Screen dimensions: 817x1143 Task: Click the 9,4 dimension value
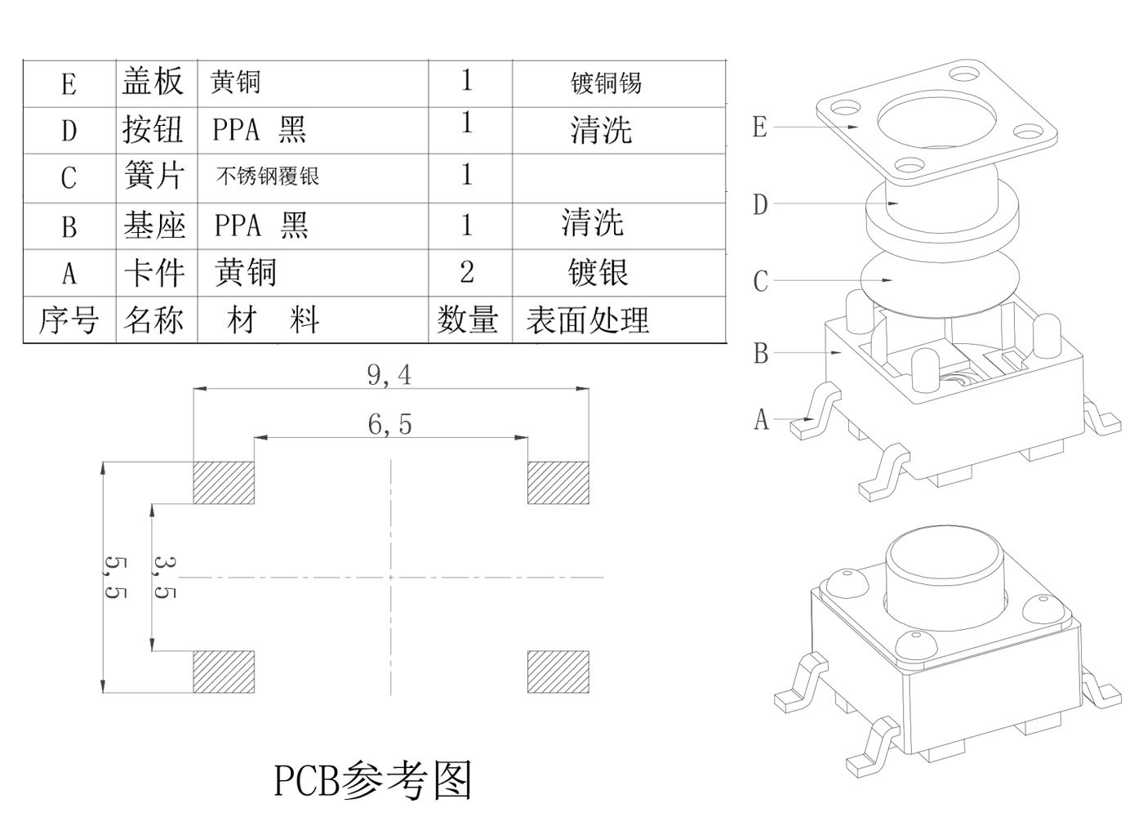tap(389, 375)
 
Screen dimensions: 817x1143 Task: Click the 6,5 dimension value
tap(389, 424)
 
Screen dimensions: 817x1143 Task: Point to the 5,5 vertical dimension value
tap(115, 578)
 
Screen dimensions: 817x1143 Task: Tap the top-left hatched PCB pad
tap(224, 483)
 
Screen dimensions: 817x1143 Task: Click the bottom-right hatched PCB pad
tap(558, 672)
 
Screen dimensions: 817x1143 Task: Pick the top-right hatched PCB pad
tap(558, 483)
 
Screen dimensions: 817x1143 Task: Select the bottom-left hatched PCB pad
tap(224, 672)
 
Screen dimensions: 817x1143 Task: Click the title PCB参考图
tap(373, 780)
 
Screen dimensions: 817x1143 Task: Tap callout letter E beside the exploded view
tap(760, 127)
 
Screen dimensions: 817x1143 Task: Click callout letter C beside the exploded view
tap(761, 282)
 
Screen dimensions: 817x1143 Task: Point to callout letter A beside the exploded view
tap(762, 420)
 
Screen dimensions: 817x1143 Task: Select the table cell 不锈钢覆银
tap(268, 176)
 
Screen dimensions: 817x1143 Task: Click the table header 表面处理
tap(588, 320)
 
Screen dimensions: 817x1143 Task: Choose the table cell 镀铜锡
tap(606, 83)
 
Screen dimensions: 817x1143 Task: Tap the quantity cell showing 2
tap(467, 272)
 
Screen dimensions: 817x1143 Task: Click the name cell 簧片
tap(154, 176)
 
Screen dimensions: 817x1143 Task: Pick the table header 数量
tap(467, 319)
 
